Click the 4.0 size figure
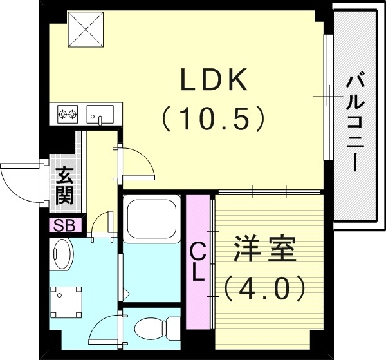[264, 287]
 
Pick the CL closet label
[198, 261]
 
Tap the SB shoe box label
[63, 225]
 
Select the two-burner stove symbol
[68, 115]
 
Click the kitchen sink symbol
[99, 115]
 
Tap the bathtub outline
[152, 222]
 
